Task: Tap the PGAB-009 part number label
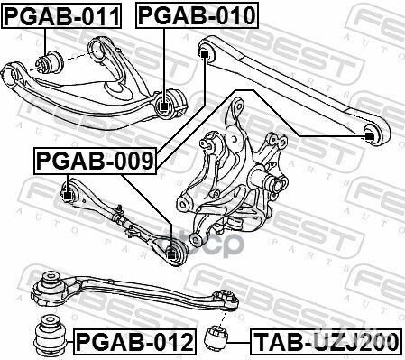pyautogui.click(x=96, y=162)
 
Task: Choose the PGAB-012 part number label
pyautogui.click(x=133, y=342)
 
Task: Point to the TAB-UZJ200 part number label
pyautogui.click(x=323, y=342)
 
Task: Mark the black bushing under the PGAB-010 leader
pyautogui.click(x=163, y=106)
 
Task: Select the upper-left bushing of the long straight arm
pyautogui.click(x=207, y=55)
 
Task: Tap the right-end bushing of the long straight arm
pyautogui.click(x=368, y=134)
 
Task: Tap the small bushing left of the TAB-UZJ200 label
pyautogui.click(x=216, y=337)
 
